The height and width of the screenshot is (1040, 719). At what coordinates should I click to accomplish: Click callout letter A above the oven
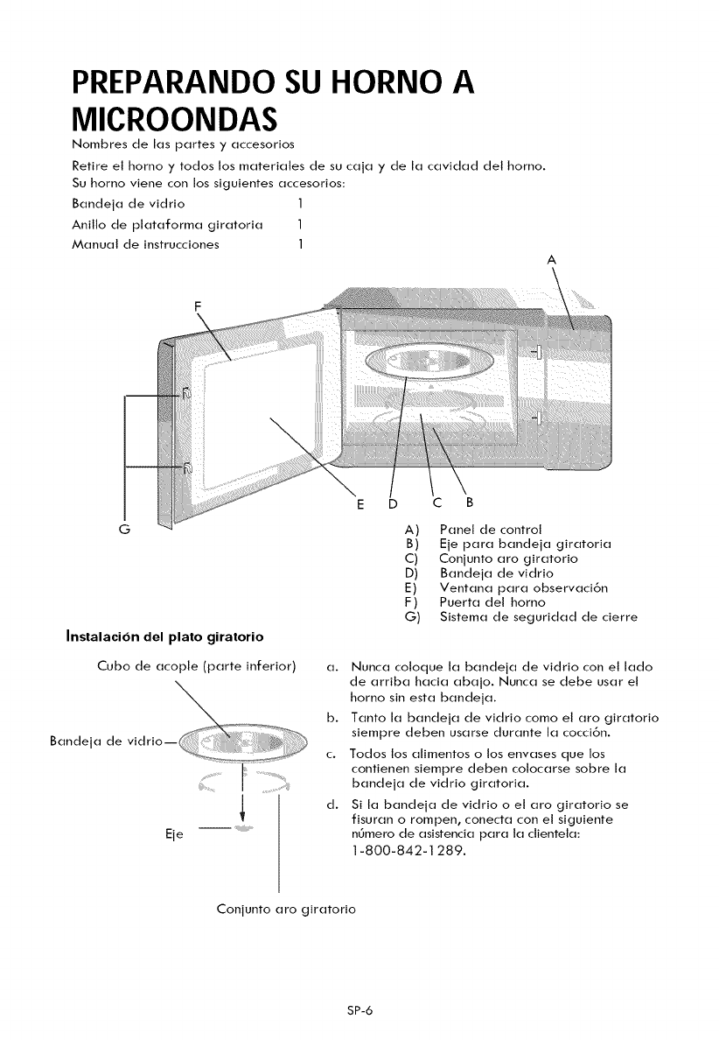[x=551, y=259]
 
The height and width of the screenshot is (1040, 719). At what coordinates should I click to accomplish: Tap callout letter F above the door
[x=198, y=306]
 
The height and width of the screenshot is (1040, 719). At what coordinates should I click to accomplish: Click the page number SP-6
[x=359, y=1009]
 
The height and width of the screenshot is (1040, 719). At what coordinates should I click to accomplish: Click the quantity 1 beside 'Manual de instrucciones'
[x=299, y=244]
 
